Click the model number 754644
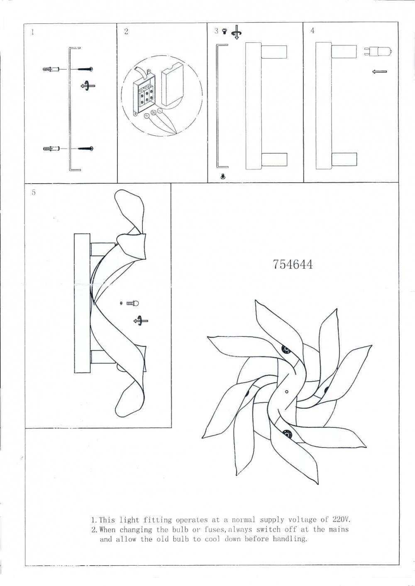click(293, 265)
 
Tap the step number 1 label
click(32, 32)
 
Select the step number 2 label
click(126, 32)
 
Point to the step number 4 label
click(312, 31)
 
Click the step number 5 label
click(34, 192)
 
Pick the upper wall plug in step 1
click(51, 69)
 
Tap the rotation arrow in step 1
click(88, 86)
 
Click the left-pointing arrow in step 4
click(379, 71)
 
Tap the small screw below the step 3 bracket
click(223, 177)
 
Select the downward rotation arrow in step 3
click(237, 33)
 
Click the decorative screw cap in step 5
click(132, 304)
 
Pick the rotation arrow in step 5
click(141, 321)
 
